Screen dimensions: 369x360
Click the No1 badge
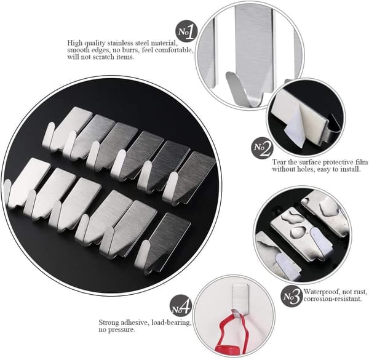pos(186,31)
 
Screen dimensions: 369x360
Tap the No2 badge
pos(262,148)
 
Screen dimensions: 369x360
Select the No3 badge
pos(292,296)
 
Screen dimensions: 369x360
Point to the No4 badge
pos(181,306)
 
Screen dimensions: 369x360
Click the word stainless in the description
pos(121,43)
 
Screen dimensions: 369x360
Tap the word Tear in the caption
pos(279,162)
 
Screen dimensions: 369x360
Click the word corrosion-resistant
pos(332,299)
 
